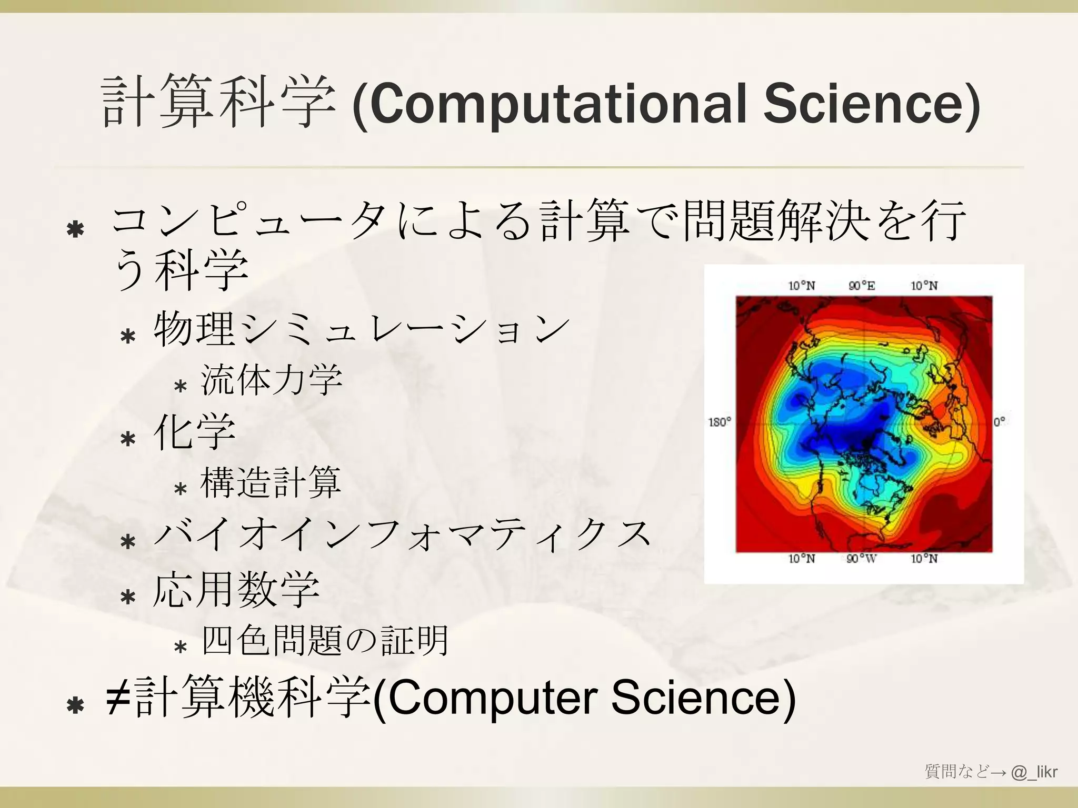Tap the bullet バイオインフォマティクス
(403, 534)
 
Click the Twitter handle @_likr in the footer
(1034, 772)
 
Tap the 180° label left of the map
(720, 422)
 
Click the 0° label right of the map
(1000, 422)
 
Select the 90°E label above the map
(862, 286)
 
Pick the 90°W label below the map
(861, 559)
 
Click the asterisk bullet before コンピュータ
(76, 229)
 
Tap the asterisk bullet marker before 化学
(128, 438)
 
